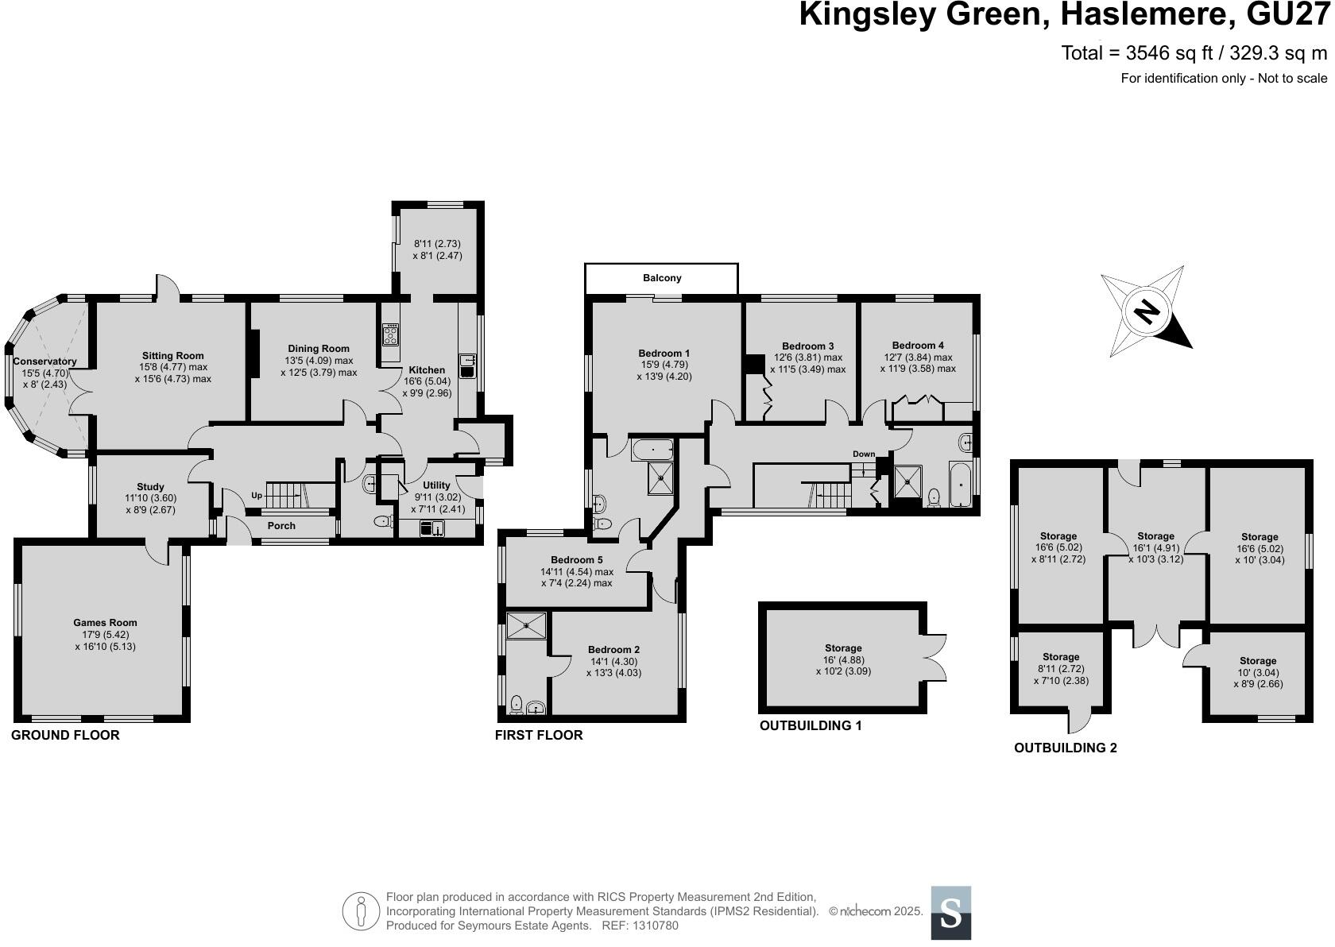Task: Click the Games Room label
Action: [x=105, y=623]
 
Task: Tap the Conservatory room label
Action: [x=44, y=361]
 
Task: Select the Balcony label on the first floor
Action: [x=661, y=278]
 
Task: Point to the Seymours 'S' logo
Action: [x=950, y=913]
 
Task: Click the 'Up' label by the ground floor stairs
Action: [x=257, y=495]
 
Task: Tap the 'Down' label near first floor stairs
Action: [x=864, y=454]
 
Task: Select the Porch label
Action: [x=281, y=526]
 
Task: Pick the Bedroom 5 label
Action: [x=577, y=560]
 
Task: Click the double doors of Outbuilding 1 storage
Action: [x=936, y=656]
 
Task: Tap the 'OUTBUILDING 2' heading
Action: [x=1065, y=748]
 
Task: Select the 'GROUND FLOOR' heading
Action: [x=65, y=735]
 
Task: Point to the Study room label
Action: [x=150, y=487]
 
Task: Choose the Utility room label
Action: [x=436, y=485]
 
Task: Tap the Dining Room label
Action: [x=319, y=349]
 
